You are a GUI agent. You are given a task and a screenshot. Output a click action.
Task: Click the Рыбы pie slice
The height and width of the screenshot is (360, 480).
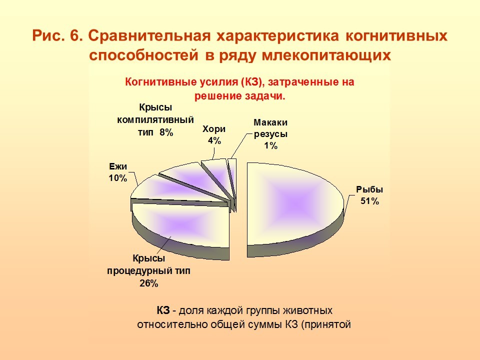pos(294,205)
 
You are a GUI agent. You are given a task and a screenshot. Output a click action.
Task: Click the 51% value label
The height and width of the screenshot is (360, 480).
pos(369,201)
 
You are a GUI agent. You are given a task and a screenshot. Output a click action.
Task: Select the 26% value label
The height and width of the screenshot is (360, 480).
pos(149,283)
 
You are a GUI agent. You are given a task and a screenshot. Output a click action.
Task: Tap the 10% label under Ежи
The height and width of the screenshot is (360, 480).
pos(118,178)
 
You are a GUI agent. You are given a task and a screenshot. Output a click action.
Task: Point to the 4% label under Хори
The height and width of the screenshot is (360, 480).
pos(214,140)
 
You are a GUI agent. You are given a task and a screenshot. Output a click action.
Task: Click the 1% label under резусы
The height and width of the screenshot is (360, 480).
pos(270,145)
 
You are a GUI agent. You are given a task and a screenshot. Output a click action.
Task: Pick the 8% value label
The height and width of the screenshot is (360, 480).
pos(166,132)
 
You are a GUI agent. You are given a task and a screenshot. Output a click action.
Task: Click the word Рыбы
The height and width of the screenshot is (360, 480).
pos(369,189)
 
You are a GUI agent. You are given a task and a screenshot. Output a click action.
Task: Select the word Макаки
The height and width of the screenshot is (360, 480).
pos(270,122)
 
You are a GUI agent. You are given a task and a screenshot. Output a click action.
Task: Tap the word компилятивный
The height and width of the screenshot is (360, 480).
pos(155,119)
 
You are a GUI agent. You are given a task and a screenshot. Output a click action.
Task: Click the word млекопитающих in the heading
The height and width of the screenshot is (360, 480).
pos(326,55)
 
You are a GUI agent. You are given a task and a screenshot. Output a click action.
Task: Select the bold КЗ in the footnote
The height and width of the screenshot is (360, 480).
pos(163,310)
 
